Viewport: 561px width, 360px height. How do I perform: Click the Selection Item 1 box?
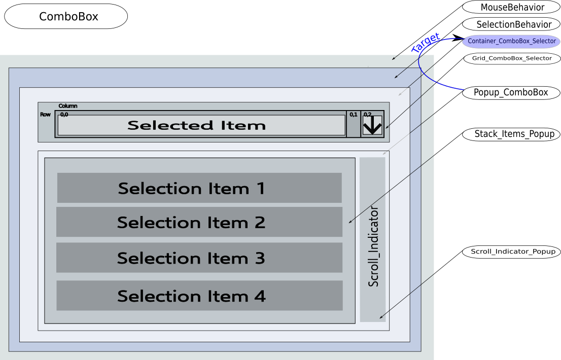(199, 188)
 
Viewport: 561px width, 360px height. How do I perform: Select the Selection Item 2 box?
(199, 222)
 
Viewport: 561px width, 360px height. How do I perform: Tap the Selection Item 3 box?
(199, 258)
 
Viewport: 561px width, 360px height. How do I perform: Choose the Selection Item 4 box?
(199, 296)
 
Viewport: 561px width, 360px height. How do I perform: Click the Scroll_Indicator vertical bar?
(373, 239)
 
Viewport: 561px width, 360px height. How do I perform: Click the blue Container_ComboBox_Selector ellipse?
(511, 42)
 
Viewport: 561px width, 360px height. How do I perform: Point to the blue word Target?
(425, 44)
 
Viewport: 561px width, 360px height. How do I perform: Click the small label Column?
(68, 106)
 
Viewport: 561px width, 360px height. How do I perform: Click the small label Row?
(45, 115)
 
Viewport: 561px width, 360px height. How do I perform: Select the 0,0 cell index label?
(64, 115)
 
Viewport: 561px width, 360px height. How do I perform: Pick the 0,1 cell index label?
(353, 115)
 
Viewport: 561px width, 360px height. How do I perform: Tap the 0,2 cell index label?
(367, 115)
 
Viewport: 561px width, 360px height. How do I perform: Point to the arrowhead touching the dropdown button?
(387, 127)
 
